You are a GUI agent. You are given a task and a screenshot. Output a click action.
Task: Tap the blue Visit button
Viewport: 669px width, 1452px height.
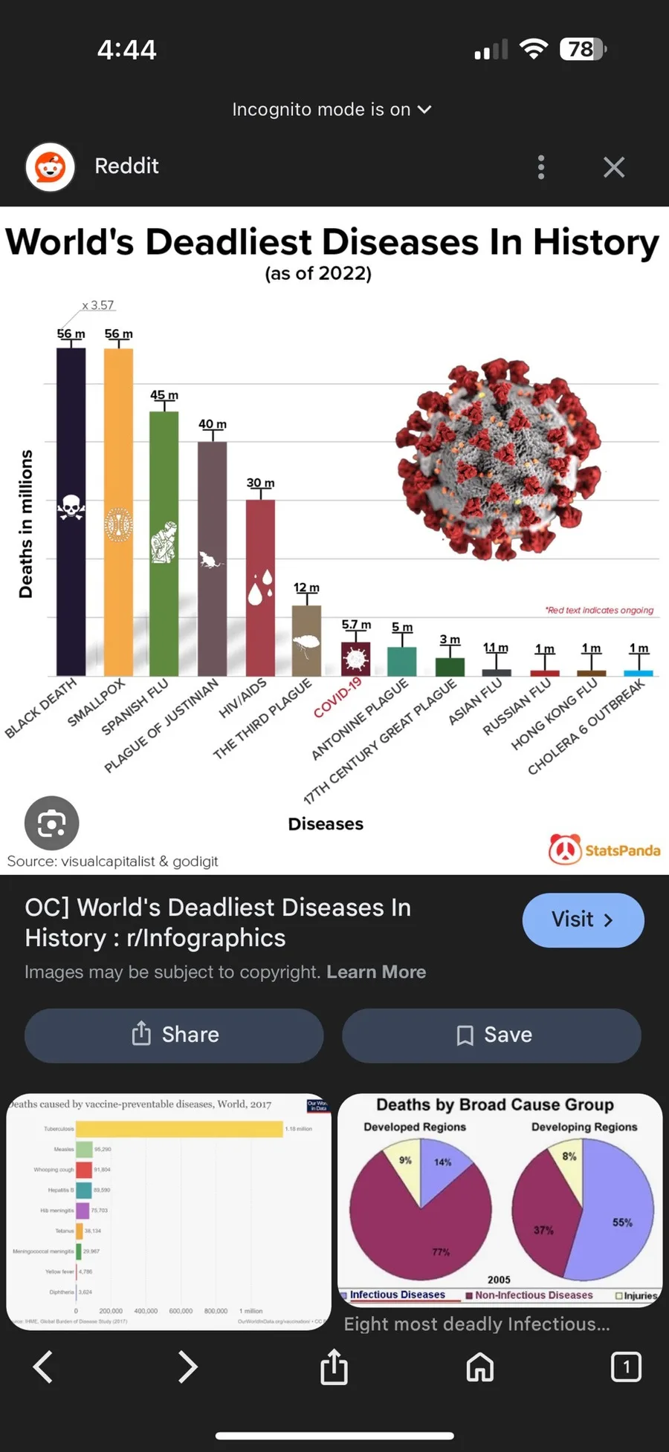tap(583, 919)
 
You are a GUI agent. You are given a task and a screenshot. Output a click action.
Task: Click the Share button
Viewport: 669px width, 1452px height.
tap(174, 1035)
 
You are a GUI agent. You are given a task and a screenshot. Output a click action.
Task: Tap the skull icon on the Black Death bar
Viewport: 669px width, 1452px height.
tap(71, 507)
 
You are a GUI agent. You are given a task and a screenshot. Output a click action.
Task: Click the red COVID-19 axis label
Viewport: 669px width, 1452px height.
tap(338, 697)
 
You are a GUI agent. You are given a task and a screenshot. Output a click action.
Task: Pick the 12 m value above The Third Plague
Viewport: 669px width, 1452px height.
tap(306, 587)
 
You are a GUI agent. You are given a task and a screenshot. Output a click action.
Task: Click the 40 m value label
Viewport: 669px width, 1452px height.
tap(213, 424)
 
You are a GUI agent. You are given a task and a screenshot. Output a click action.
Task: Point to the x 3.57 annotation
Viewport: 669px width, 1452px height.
tap(98, 305)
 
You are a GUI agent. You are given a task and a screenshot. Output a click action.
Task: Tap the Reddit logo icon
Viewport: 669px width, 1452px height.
tap(51, 167)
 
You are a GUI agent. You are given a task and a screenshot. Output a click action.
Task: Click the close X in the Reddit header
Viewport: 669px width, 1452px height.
tap(614, 167)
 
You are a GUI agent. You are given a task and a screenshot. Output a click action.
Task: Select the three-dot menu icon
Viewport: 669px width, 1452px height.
tap(541, 167)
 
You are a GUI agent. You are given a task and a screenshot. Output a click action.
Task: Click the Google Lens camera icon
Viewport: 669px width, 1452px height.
tap(52, 823)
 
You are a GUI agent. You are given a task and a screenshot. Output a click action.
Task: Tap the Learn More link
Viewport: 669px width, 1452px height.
tap(376, 972)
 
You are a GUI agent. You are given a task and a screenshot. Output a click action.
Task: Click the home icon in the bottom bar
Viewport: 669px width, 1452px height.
tap(480, 1367)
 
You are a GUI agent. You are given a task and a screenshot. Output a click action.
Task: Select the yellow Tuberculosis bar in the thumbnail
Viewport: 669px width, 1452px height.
tap(179, 1128)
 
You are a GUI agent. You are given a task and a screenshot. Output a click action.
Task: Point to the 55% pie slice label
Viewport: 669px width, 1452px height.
tap(622, 1223)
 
